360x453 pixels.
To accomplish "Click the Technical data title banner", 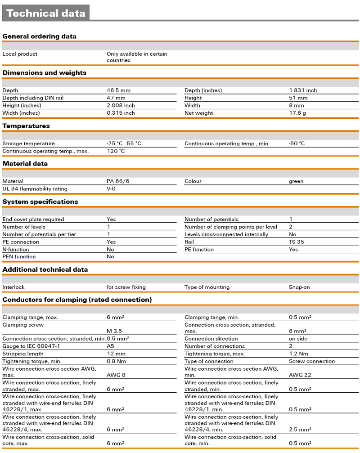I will [x=46, y=13].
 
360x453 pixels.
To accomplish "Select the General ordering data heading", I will [x=40, y=36].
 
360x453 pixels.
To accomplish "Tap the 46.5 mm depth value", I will [x=118, y=90].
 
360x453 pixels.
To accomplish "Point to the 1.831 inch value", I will [x=303, y=90].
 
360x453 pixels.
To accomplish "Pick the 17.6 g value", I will [x=297, y=113].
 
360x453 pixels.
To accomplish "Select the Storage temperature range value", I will [x=124, y=144].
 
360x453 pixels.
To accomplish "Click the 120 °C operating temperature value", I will [x=116, y=151].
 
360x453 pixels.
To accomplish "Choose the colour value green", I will [x=296, y=181].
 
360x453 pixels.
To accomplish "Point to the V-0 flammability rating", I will [x=111, y=189].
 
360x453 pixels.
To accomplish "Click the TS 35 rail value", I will [x=296, y=242].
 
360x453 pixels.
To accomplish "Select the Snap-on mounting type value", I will [x=299, y=287].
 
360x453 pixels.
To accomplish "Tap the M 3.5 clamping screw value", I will [x=114, y=331].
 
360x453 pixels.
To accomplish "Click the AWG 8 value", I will [x=116, y=375].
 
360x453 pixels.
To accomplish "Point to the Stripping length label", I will [x=23, y=354].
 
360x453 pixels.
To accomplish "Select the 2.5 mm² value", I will [x=300, y=430].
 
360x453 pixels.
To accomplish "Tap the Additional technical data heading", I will [x=45, y=269].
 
